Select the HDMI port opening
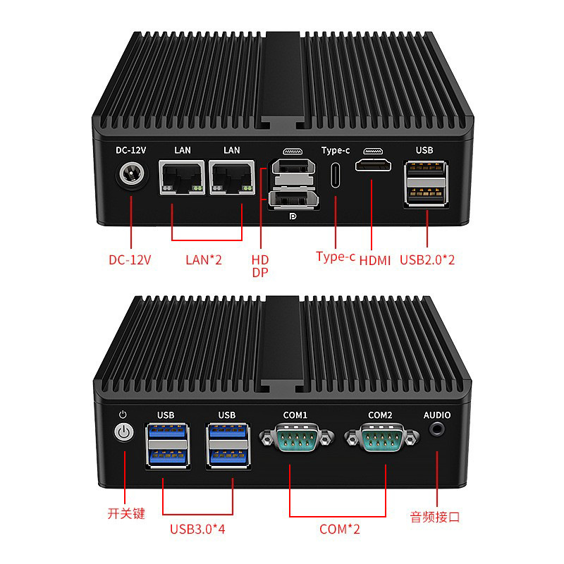tap(374, 168)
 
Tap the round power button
tap(123, 432)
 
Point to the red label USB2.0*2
tap(427, 260)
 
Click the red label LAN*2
tap(204, 259)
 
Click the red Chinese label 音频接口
tap(435, 517)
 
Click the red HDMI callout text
tap(375, 261)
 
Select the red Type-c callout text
tap(336, 257)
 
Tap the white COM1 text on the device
tap(295, 415)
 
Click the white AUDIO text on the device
tap(436, 415)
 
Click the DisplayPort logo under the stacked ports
tap(293, 217)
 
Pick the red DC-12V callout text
tap(130, 259)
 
